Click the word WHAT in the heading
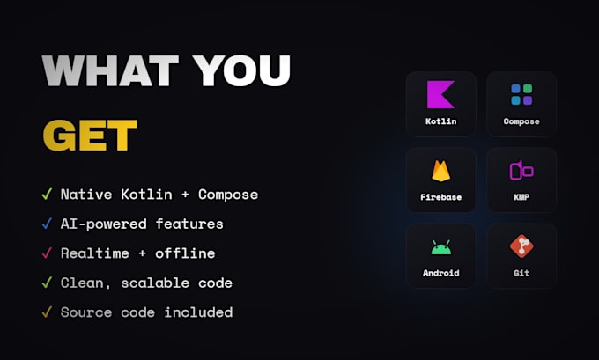click(x=110, y=70)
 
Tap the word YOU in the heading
click(x=241, y=70)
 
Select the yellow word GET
click(x=90, y=136)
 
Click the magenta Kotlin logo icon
click(x=440, y=94)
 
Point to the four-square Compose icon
click(x=521, y=95)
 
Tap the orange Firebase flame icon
click(x=440, y=171)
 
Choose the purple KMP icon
click(x=521, y=170)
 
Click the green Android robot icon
click(x=440, y=247)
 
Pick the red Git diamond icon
click(x=521, y=246)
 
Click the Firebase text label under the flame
click(x=440, y=197)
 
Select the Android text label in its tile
click(x=440, y=273)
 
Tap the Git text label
click(x=521, y=273)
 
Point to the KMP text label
click(x=521, y=197)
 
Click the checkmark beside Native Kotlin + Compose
click(x=47, y=194)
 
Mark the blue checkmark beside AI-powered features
click(x=47, y=224)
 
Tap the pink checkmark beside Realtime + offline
click(x=47, y=253)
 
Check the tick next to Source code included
click(x=47, y=312)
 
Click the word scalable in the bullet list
click(x=155, y=283)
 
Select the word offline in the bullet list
click(x=185, y=253)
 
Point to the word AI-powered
click(x=104, y=224)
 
